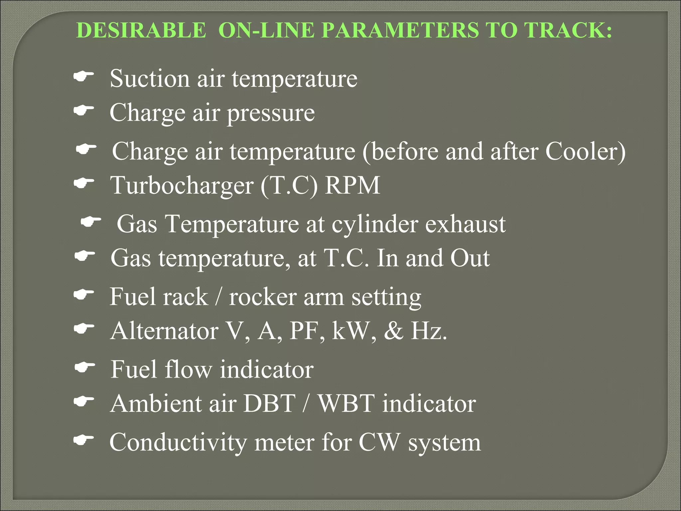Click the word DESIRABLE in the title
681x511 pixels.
click(141, 30)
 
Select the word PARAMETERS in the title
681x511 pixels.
click(400, 30)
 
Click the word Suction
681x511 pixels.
click(150, 79)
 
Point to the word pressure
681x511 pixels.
click(271, 113)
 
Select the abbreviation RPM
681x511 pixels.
click(352, 185)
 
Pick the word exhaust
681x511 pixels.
click(465, 224)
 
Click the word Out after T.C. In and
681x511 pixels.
click(470, 258)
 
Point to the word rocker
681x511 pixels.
click(263, 297)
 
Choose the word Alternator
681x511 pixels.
click(165, 331)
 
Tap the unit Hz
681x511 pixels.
click(429, 331)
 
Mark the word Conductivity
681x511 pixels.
click(178, 443)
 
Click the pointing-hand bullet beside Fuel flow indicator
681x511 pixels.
click(85, 368)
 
